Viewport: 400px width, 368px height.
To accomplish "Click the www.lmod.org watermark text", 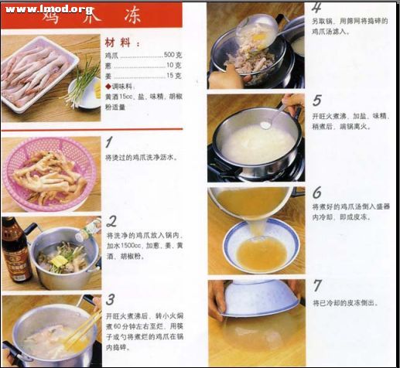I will point(48,10).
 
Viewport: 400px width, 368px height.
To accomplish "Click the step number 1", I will point(109,143).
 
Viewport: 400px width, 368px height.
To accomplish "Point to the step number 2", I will point(112,221).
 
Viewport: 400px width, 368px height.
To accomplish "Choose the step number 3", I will point(111,300).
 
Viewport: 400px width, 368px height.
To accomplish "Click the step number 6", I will point(317,193).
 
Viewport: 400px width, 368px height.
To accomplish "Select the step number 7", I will point(317,286).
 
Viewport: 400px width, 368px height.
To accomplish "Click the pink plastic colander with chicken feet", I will point(50,173).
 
